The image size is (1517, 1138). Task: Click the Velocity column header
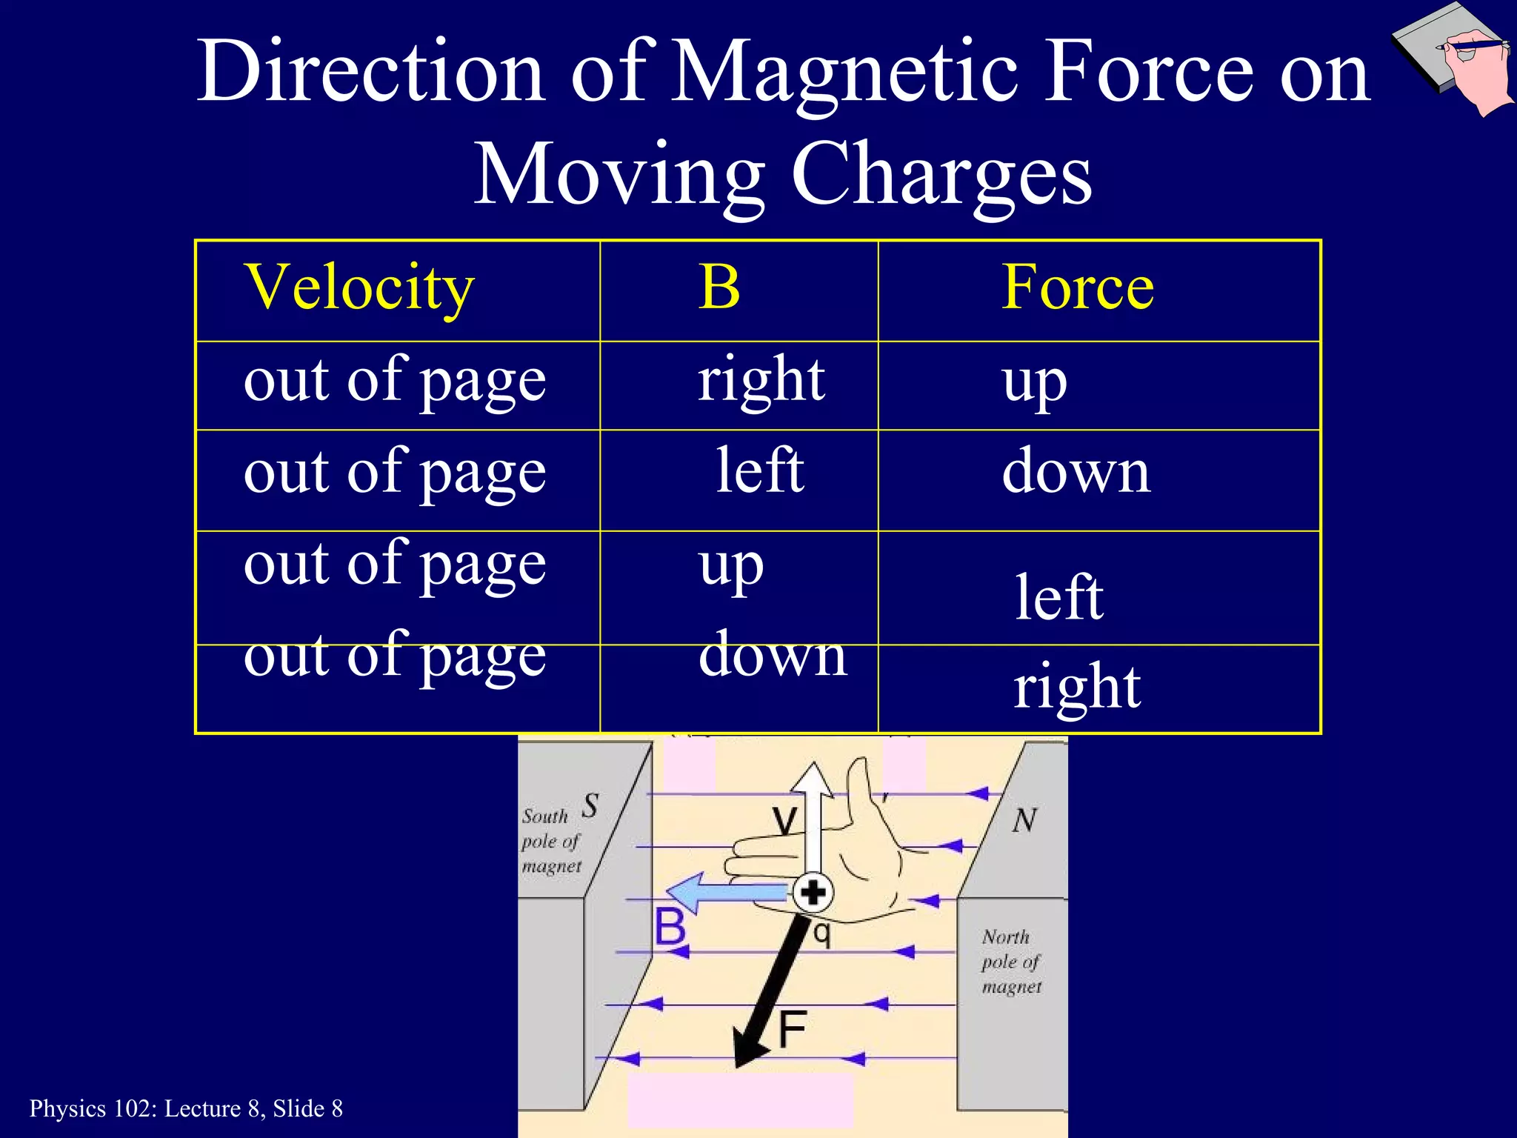(359, 289)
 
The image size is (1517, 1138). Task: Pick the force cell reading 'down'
(1076, 473)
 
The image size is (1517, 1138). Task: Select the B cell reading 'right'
(761, 380)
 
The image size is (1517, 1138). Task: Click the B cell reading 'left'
(760, 470)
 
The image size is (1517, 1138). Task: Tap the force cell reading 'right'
(1077, 688)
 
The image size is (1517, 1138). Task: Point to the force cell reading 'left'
(1059, 597)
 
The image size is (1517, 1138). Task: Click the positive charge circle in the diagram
(813, 892)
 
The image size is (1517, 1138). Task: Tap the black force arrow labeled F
(770, 993)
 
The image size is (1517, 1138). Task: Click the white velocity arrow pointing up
(813, 815)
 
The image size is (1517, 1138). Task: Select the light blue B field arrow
(726, 892)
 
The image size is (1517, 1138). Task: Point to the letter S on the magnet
(590, 805)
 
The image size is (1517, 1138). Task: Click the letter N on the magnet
(1024, 821)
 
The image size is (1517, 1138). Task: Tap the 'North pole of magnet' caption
(1011, 962)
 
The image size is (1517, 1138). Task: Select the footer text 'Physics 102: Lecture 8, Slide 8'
(186, 1108)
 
